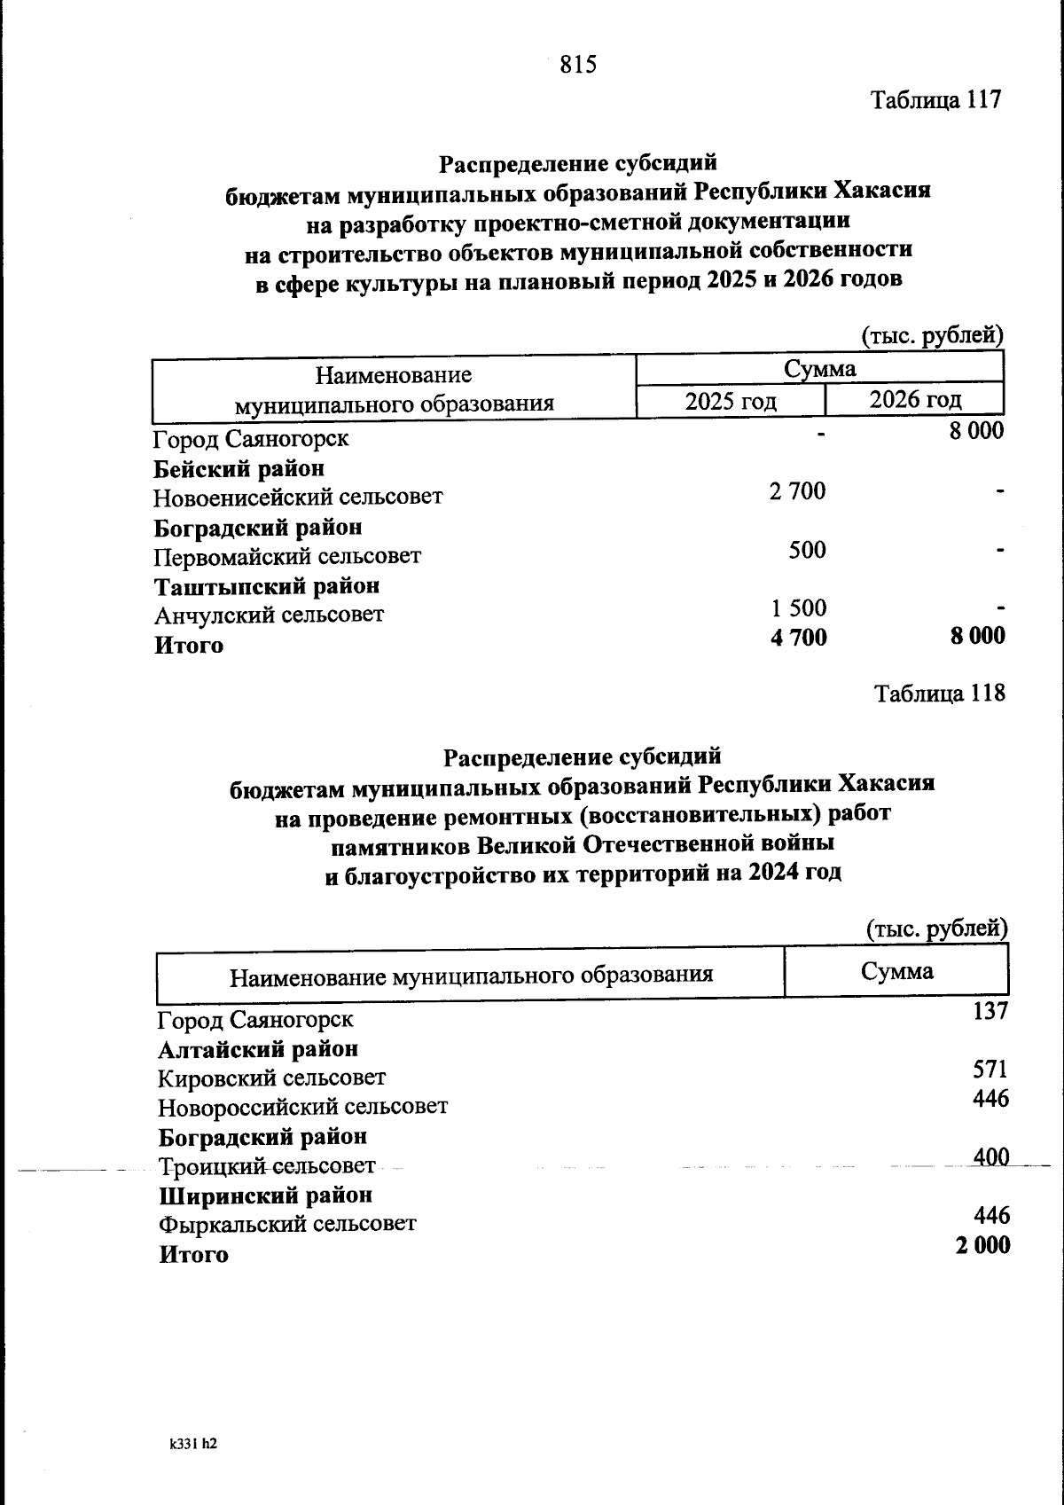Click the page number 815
(579, 65)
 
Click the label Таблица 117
(935, 99)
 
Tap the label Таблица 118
(940, 693)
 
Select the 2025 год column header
(731, 402)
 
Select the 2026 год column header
(915, 400)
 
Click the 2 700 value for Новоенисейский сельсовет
(797, 490)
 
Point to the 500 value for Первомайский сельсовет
(807, 550)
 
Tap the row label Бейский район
(239, 468)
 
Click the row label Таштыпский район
(267, 586)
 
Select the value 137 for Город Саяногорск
(990, 1011)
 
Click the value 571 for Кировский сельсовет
(990, 1070)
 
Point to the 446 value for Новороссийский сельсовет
(990, 1099)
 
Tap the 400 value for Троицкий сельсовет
(990, 1157)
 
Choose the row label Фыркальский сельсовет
(287, 1225)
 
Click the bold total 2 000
(982, 1245)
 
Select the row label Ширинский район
(265, 1195)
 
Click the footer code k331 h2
(193, 1444)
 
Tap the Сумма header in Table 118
(896, 971)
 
